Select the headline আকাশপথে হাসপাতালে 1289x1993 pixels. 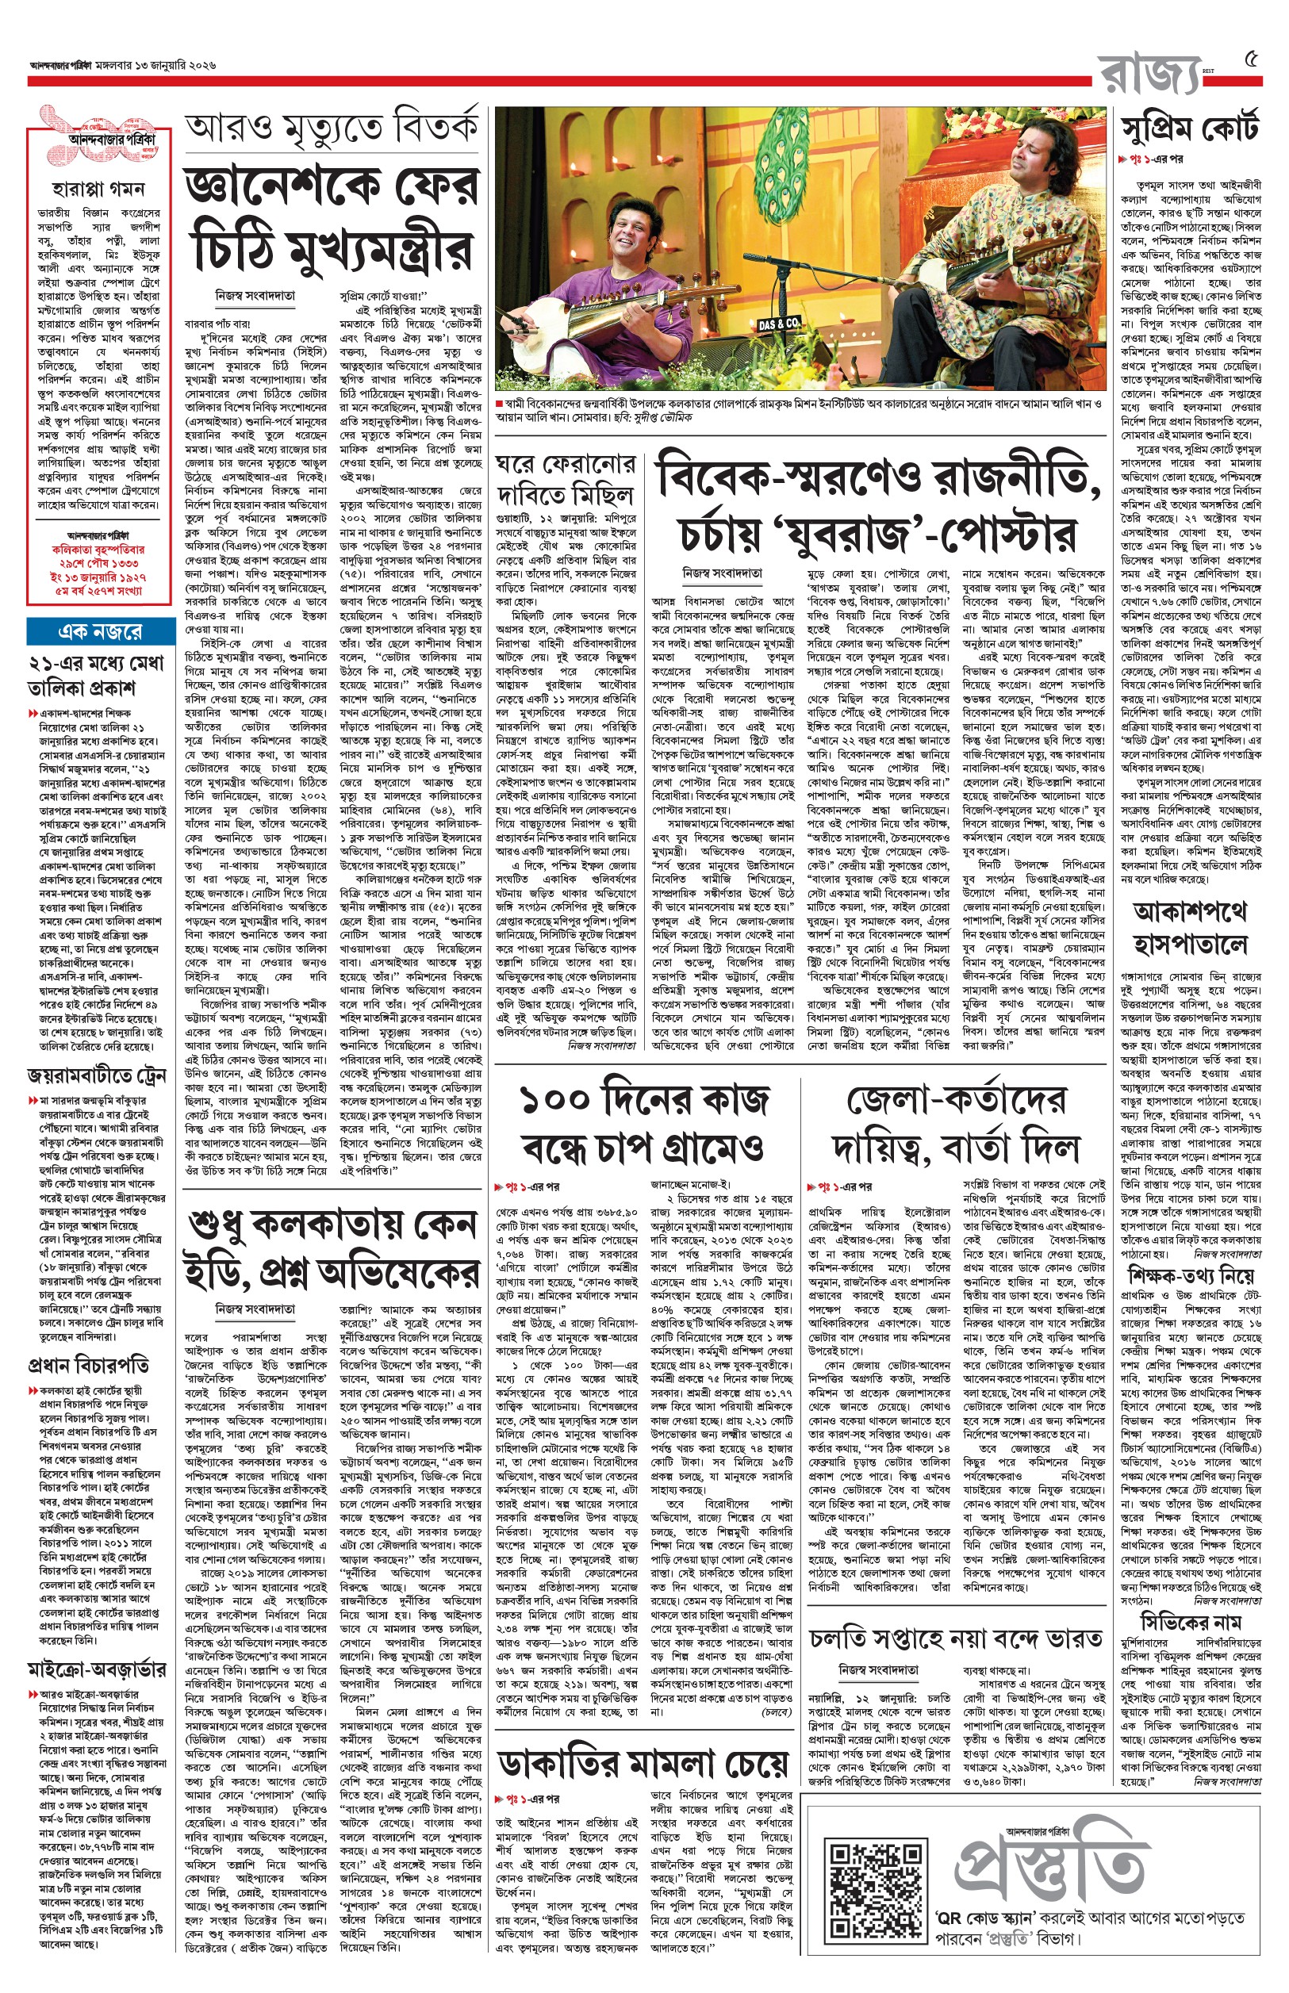click(x=1189, y=927)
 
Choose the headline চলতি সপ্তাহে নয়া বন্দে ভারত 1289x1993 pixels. click(x=955, y=1640)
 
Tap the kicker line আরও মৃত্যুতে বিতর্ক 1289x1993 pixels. click(x=332, y=130)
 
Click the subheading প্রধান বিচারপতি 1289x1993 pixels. click(x=89, y=1366)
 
